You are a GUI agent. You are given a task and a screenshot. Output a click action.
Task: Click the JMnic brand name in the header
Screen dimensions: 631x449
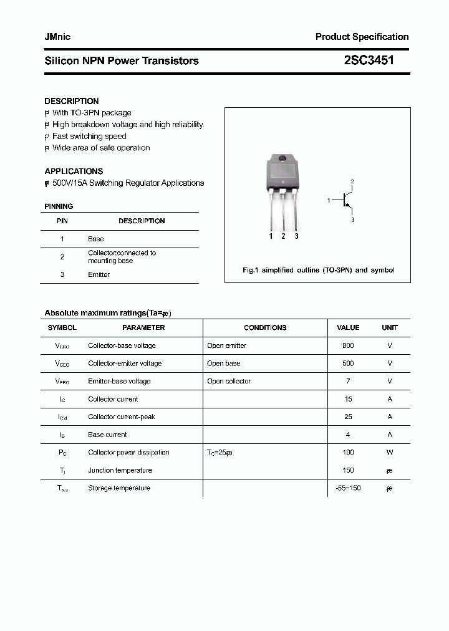tap(57, 37)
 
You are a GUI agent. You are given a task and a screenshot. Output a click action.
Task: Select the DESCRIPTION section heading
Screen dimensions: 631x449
tap(72, 101)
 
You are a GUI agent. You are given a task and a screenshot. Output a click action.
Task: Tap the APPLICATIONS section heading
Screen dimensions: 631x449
tap(74, 171)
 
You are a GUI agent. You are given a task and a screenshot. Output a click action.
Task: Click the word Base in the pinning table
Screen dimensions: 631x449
tap(96, 239)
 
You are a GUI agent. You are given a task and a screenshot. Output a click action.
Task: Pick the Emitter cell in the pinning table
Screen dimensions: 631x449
tap(99, 274)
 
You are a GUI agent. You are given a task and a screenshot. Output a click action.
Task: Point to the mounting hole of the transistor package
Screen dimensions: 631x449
tap(282, 157)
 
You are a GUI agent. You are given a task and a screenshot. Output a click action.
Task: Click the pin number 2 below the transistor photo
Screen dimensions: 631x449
tap(284, 236)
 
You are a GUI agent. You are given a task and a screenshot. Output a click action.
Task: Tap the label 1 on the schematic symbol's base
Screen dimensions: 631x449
tap(329, 200)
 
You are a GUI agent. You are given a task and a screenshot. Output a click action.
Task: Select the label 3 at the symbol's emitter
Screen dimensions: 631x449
tap(352, 219)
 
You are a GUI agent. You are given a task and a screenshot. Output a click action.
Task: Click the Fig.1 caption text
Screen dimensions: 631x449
tap(318, 270)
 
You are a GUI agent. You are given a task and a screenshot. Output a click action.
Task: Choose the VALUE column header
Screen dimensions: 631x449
tap(348, 327)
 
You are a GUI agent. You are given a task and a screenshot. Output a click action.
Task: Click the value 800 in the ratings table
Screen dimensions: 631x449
tap(348, 345)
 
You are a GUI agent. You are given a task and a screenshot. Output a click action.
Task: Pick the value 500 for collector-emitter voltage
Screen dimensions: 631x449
tap(348, 363)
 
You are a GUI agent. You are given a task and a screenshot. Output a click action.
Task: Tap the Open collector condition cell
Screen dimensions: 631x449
tap(229, 381)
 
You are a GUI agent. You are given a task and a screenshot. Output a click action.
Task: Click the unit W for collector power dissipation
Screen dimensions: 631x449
tap(390, 452)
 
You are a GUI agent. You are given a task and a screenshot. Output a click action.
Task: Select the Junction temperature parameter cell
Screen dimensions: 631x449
tap(120, 470)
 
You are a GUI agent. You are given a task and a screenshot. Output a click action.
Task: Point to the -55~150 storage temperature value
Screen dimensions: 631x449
tap(348, 488)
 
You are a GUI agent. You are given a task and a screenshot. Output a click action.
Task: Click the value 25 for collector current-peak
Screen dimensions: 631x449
tap(348, 417)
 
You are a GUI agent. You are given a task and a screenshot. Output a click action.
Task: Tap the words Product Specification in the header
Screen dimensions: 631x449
tap(362, 37)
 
